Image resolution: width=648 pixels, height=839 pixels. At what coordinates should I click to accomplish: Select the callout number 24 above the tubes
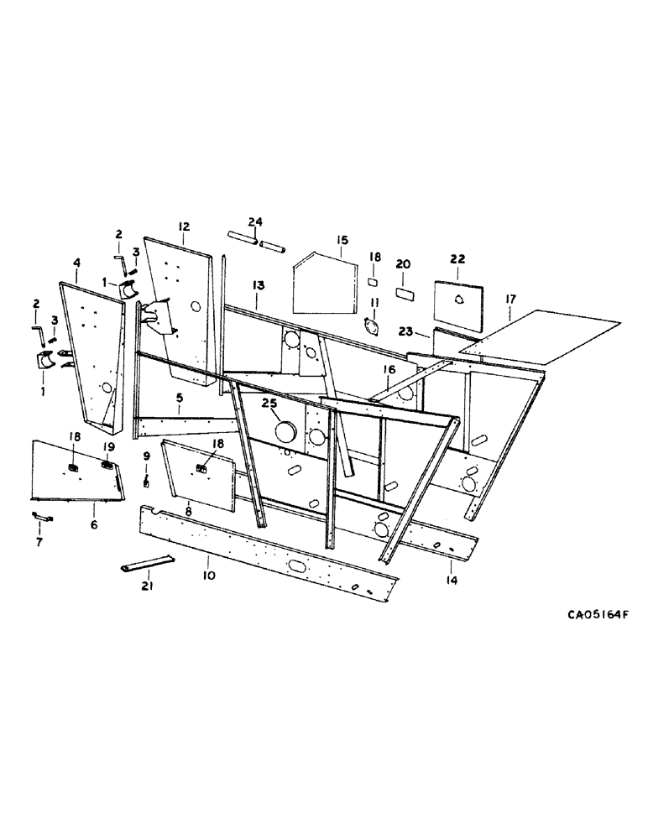click(x=256, y=221)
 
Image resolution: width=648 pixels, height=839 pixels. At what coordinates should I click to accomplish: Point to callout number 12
click(x=184, y=227)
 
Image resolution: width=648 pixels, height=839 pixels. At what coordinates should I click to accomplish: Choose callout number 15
click(x=342, y=240)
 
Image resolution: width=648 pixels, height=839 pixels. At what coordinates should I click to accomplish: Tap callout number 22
click(x=457, y=260)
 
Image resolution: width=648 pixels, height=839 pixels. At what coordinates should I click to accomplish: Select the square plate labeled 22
click(x=459, y=305)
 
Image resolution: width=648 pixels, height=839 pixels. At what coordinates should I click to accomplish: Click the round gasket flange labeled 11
click(x=372, y=326)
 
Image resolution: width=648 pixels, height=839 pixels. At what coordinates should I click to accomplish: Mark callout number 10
click(x=208, y=576)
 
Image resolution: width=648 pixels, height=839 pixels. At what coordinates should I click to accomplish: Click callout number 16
click(x=389, y=370)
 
